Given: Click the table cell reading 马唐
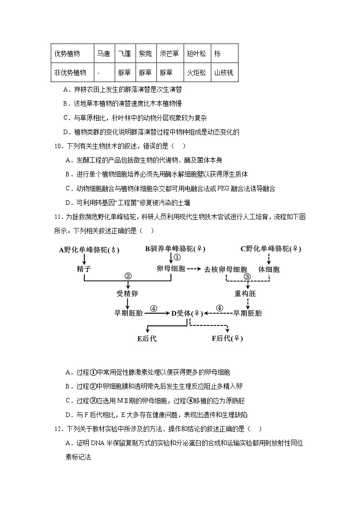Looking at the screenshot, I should [x=103, y=53].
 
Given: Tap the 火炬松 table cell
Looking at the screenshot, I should [x=196, y=73].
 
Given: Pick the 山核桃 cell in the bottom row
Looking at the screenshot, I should [x=224, y=73].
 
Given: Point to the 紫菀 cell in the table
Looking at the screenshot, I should [x=145, y=53].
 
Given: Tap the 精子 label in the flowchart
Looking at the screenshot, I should [x=84, y=269].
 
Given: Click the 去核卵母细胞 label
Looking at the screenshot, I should [x=225, y=269].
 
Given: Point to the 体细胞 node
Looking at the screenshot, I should [x=269, y=269].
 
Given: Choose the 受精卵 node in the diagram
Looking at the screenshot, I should [x=127, y=293].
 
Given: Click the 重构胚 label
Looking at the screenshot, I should [x=245, y=293].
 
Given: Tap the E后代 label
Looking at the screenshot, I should [x=147, y=339].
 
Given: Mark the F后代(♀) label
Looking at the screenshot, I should [x=227, y=339].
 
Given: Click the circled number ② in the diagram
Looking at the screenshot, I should [x=128, y=276].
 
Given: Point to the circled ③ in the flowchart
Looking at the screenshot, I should [x=247, y=276].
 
